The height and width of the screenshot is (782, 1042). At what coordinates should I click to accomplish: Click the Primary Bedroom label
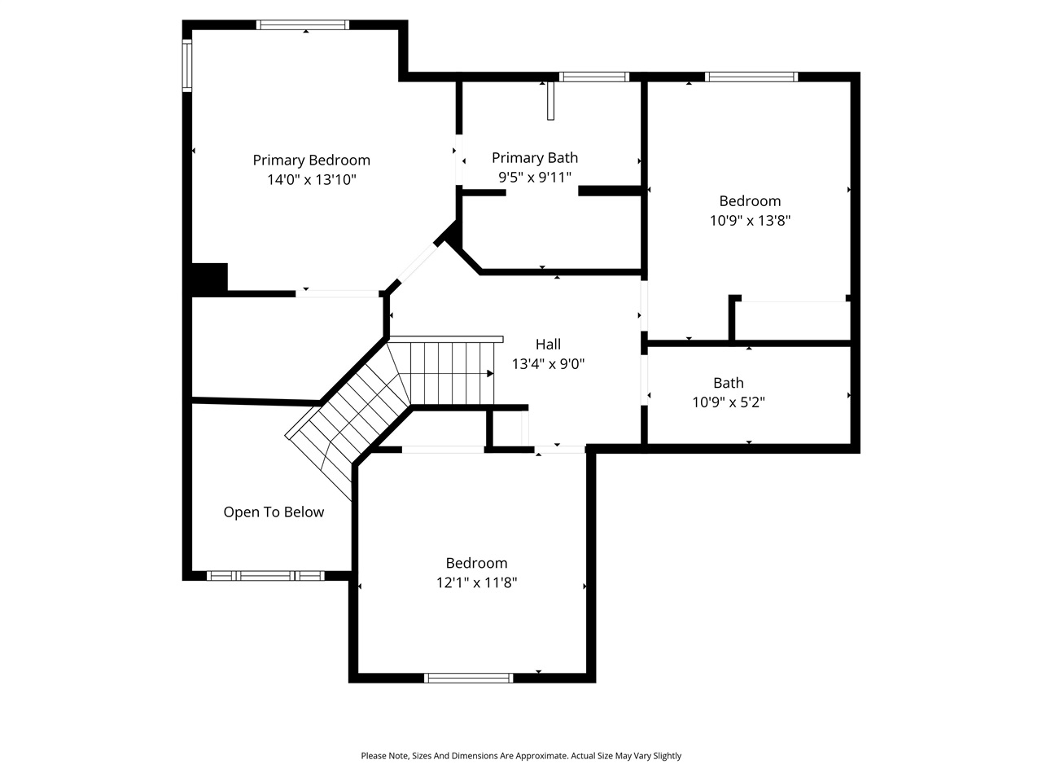click(x=311, y=160)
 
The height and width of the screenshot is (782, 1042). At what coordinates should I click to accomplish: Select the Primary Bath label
click(x=535, y=158)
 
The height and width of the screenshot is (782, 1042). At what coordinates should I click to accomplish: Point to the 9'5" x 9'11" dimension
click(x=535, y=177)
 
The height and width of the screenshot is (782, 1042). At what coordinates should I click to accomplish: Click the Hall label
click(x=548, y=345)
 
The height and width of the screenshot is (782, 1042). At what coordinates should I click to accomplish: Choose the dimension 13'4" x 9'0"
click(x=548, y=364)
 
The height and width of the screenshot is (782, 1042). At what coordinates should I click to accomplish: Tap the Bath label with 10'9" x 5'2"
click(x=729, y=383)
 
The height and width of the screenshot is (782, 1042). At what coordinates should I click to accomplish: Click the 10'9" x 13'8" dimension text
click(x=750, y=220)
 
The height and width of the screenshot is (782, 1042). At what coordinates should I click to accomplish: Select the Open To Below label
click(x=274, y=512)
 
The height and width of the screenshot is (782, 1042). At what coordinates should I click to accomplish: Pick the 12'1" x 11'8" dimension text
click(x=476, y=582)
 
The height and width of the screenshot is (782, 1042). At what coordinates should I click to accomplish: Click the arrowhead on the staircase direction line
click(x=490, y=373)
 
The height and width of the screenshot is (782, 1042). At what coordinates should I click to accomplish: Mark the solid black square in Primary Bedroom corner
click(x=209, y=277)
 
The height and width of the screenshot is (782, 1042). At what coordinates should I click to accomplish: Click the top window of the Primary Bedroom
click(x=303, y=24)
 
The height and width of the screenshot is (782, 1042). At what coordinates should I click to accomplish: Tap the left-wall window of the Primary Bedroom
click(x=186, y=65)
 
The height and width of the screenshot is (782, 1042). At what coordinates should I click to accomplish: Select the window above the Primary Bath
click(x=594, y=77)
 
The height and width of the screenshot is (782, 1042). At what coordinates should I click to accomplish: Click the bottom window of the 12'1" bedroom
click(x=469, y=678)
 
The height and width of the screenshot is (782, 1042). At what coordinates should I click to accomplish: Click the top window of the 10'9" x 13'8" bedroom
click(x=751, y=77)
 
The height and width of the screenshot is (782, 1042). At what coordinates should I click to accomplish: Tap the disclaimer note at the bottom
click(x=521, y=756)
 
